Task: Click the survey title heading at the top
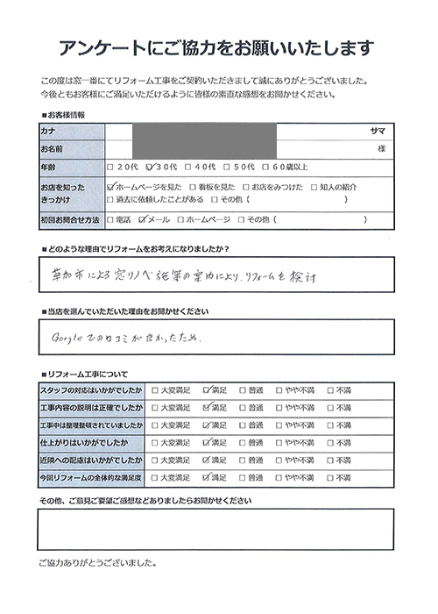pyautogui.click(x=218, y=46)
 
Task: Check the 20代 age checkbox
pyautogui.click(x=109, y=167)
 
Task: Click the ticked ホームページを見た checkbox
pyautogui.click(x=109, y=187)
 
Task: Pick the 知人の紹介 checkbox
pyautogui.click(x=314, y=187)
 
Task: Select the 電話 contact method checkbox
pyautogui.click(x=109, y=218)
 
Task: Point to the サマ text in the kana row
pyautogui.click(x=378, y=130)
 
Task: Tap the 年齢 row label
pyautogui.click(x=48, y=167)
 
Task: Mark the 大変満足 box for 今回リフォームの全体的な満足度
pyautogui.click(x=156, y=479)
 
